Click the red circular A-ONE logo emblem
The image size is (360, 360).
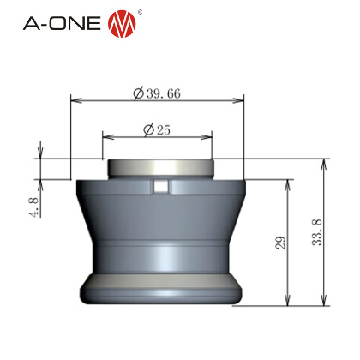pos(122,24)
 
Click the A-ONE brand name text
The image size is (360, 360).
pos(62,23)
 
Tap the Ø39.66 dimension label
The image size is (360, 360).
pos(157,93)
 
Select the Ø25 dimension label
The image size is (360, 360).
pos(157,130)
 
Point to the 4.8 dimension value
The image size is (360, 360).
pos(34,207)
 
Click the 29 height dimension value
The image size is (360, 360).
pos(281,243)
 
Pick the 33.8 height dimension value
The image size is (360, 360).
pos(317,232)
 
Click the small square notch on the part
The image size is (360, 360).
pos(161,187)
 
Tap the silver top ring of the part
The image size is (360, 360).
pos(160,168)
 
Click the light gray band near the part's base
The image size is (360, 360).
pos(161,280)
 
